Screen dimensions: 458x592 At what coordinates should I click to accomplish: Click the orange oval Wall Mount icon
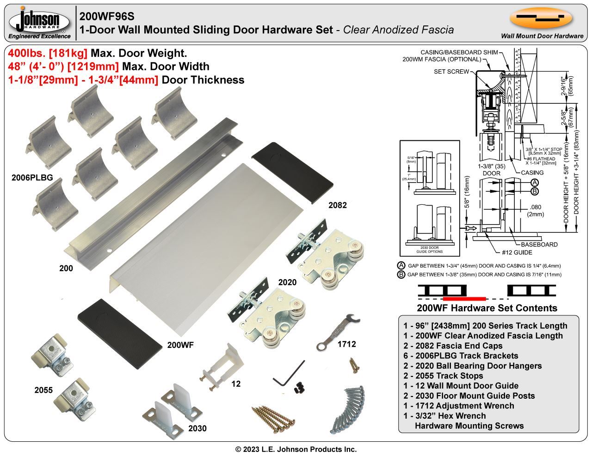(x=541, y=18)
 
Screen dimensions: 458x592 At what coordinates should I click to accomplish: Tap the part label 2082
(x=337, y=205)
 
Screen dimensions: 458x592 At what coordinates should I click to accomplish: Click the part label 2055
(x=43, y=390)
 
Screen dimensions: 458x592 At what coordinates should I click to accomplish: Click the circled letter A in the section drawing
(x=534, y=182)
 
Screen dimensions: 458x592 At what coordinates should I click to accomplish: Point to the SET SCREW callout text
(x=451, y=72)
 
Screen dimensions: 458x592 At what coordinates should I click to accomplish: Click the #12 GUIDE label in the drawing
(x=517, y=252)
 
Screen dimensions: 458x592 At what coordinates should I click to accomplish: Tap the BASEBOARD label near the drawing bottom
(x=539, y=245)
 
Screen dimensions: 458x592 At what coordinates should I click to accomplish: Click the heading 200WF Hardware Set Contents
(x=487, y=308)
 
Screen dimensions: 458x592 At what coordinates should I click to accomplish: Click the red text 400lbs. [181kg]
(x=48, y=53)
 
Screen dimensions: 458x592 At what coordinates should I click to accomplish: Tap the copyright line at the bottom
(x=296, y=449)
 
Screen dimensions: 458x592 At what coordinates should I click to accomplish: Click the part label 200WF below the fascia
(x=180, y=345)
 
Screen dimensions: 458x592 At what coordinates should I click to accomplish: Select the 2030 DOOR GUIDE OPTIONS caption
(x=430, y=250)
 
